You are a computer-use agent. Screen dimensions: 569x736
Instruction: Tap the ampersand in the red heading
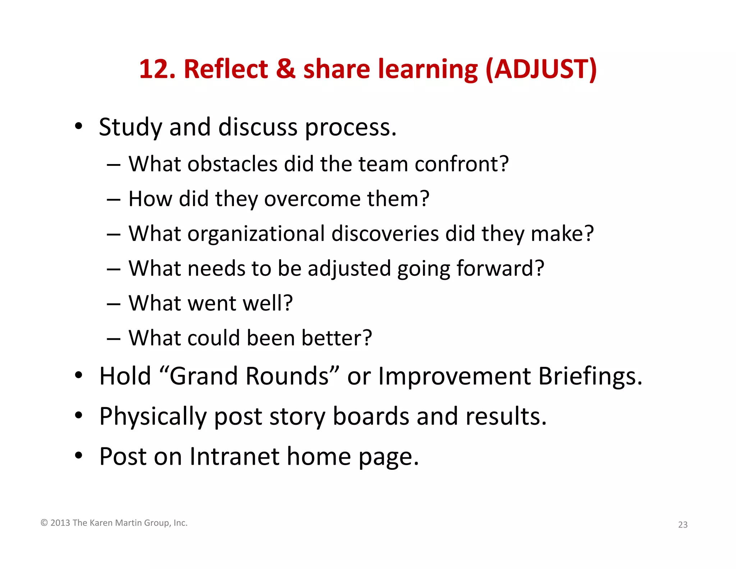[x=286, y=69]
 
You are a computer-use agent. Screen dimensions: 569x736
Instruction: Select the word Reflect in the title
[x=226, y=69]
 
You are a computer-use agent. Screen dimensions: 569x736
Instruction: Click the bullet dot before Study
[x=79, y=126]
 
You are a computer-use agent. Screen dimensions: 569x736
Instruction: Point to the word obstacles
[x=232, y=164]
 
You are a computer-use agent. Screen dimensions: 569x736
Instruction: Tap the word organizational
[x=256, y=234]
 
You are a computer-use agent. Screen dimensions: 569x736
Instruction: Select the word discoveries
[x=385, y=234]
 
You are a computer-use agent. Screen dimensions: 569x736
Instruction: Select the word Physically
[x=153, y=416]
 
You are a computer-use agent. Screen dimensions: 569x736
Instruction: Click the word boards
[x=371, y=416]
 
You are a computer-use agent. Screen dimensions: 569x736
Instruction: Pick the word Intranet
[x=234, y=456]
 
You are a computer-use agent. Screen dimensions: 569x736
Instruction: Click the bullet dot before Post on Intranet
[x=79, y=456]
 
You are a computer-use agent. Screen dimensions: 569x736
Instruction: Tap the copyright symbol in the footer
[x=44, y=523]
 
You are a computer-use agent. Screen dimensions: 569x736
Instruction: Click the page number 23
[x=682, y=525]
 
